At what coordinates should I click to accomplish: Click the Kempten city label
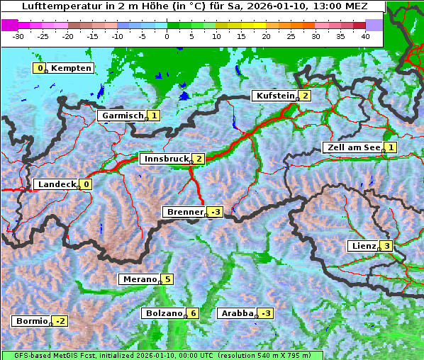pos(72,68)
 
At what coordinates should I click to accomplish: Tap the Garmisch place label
pos(123,116)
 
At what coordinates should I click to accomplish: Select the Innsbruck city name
pos(165,159)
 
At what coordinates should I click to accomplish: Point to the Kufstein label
pos(275,96)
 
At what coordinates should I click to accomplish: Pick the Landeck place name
pos(56,184)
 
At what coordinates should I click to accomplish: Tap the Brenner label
pos(184,212)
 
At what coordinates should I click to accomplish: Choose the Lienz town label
pos(363,246)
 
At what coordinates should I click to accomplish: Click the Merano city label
pos(139,279)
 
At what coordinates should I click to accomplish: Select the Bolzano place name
pos(164,313)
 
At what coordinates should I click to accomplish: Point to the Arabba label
pos(237,313)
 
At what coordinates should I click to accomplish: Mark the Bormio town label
pos(31,321)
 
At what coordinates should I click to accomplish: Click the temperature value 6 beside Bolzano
pos(192,313)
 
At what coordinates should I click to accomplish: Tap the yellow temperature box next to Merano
pos(167,279)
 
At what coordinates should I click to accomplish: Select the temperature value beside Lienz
pos(386,246)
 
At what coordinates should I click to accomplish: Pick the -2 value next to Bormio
pos(61,321)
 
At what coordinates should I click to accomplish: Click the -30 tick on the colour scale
pos(18,35)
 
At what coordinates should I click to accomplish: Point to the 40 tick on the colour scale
pos(365,35)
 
